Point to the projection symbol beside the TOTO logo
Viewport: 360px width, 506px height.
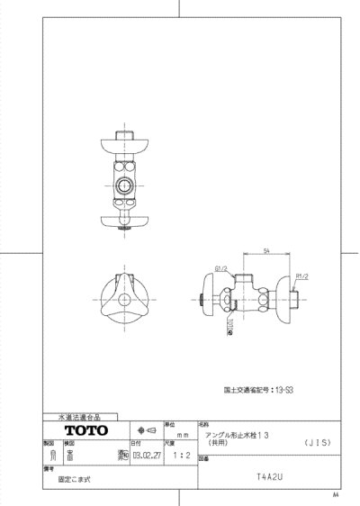(144, 430)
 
